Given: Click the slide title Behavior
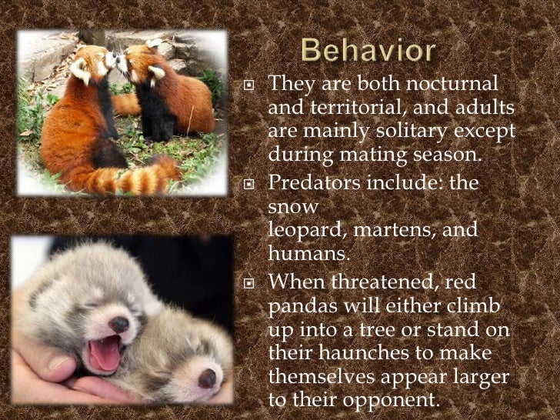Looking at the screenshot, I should [x=368, y=52].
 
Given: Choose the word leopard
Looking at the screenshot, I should [x=305, y=230].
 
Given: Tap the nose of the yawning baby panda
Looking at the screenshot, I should [x=119, y=324].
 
